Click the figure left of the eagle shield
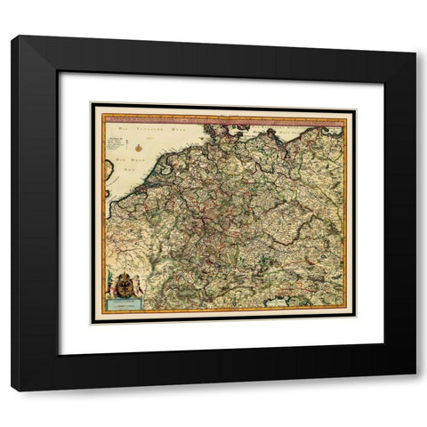pos(114,286)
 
